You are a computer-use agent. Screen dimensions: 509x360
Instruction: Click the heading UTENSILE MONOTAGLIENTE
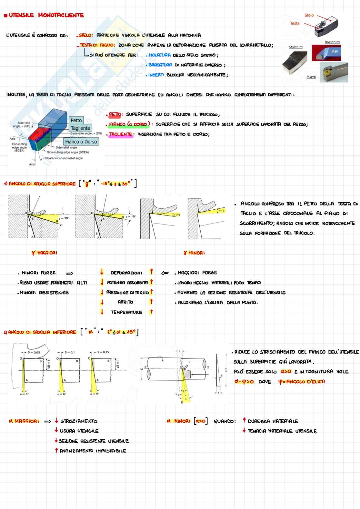coord(46,15)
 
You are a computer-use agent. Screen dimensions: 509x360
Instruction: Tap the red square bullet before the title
coord(5,15)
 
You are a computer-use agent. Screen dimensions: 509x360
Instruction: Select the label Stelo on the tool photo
coord(309,15)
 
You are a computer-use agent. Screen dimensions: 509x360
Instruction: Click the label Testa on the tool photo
coord(295,23)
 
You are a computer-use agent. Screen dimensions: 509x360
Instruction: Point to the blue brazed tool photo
coord(326,53)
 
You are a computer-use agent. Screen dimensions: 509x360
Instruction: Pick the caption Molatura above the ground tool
coord(295,47)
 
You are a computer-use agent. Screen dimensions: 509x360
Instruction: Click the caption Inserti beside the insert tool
coord(311,77)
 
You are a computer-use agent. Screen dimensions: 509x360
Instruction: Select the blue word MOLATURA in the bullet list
coord(160,55)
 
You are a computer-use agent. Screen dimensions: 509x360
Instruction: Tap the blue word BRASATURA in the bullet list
coord(160,65)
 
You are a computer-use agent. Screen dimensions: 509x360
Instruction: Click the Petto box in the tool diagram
coord(76,120)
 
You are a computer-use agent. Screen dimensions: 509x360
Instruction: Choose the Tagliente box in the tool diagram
coord(80,128)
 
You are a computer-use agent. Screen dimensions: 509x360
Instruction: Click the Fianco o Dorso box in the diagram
coord(81,142)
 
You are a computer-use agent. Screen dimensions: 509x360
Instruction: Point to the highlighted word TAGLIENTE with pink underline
coord(121,134)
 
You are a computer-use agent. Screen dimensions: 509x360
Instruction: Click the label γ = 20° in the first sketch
coord(64,218)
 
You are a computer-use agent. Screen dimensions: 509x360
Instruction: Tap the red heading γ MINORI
coord(194,253)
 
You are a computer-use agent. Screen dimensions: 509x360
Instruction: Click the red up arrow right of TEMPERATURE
coord(151,312)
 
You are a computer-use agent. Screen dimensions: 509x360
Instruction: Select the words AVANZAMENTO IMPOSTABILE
coord(93,451)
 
